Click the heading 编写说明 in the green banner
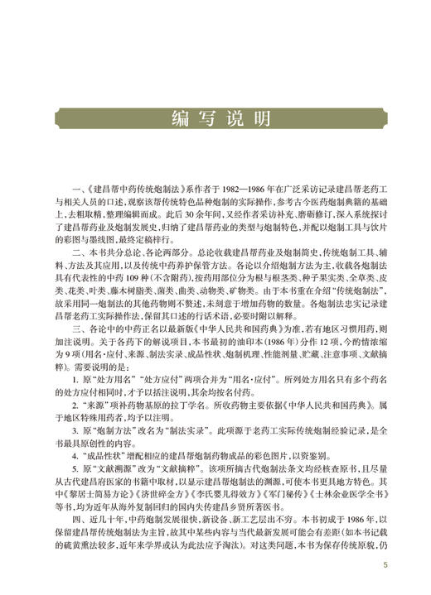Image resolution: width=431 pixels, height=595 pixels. point(215,118)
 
